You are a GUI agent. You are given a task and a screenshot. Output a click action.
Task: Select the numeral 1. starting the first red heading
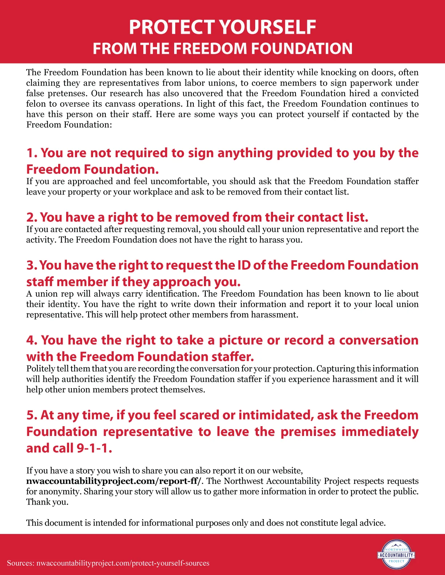[x=32, y=153]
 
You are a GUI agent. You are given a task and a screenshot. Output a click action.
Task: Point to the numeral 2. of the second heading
[x=32, y=217]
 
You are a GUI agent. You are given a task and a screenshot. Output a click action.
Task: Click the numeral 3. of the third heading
[x=32, y=265]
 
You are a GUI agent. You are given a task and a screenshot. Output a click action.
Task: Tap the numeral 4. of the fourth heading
[x=32, y=340]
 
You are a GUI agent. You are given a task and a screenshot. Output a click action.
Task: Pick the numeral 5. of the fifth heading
[x=32, y=415]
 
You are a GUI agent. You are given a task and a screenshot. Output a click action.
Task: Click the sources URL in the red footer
[x=123, y=563]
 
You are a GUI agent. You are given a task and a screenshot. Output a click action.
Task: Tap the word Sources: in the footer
[x=20, y=563]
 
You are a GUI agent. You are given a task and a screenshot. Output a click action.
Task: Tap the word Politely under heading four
[x=40, y=368]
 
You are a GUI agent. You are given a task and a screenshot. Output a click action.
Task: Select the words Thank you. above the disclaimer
[x=47, y=502]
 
